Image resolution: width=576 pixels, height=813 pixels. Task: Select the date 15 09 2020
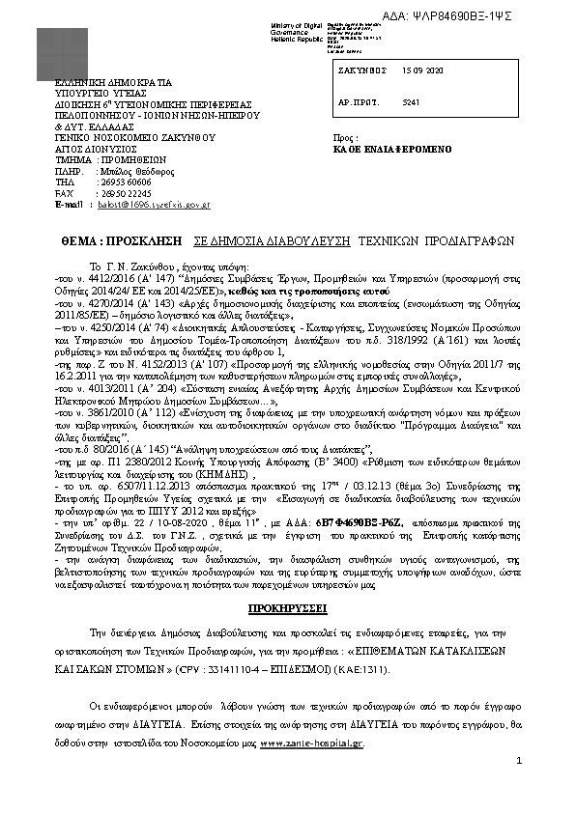click(421, 72)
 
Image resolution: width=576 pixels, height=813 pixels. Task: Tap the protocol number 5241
click(411, 100)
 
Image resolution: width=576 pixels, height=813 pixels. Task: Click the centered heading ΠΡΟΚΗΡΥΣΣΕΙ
click(287, 609)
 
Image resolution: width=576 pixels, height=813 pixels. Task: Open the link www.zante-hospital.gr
click(312, 744)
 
